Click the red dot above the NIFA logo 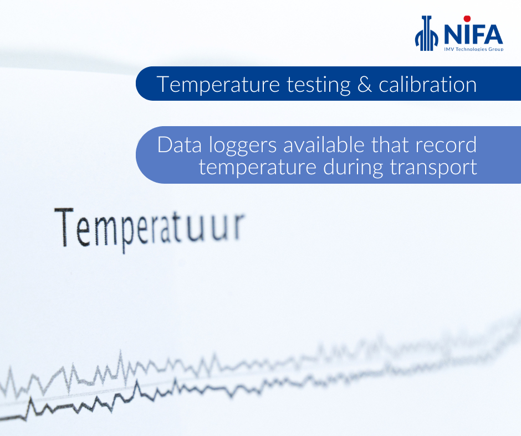(467, 19)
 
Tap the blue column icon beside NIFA (427, 33)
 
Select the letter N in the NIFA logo (454, 34)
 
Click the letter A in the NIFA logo (493, 34)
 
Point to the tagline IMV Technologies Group (474, 49)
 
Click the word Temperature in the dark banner (218, 85)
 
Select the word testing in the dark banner (319, 85)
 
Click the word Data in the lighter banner (180, 145)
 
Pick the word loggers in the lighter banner (243, 146)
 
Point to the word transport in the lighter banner (433, 168)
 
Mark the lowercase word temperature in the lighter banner (258, 168)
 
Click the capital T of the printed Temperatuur (64, 227)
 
